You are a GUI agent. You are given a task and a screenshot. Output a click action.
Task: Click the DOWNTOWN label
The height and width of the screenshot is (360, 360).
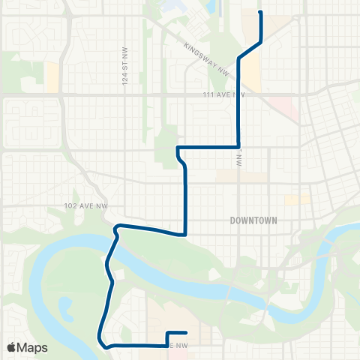point(253,220)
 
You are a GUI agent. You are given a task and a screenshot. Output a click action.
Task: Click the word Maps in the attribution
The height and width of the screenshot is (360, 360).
point(33,347)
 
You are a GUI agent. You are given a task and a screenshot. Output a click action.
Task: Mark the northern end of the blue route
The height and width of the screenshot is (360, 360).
point(260,13)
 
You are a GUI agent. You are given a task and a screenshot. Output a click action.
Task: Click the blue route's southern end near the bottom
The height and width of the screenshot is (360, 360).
point(185,332)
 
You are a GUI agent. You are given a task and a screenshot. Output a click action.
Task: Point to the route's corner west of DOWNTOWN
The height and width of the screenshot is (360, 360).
point(184,233)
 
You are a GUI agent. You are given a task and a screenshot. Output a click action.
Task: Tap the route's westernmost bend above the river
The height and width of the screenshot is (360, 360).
point(115,226)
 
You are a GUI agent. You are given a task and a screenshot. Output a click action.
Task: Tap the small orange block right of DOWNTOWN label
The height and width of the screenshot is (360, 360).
point(297,200)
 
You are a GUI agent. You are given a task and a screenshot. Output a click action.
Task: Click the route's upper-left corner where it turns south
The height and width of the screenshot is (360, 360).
point(178,148)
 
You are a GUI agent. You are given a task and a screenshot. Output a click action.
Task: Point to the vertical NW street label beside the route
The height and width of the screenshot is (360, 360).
point(241,157)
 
